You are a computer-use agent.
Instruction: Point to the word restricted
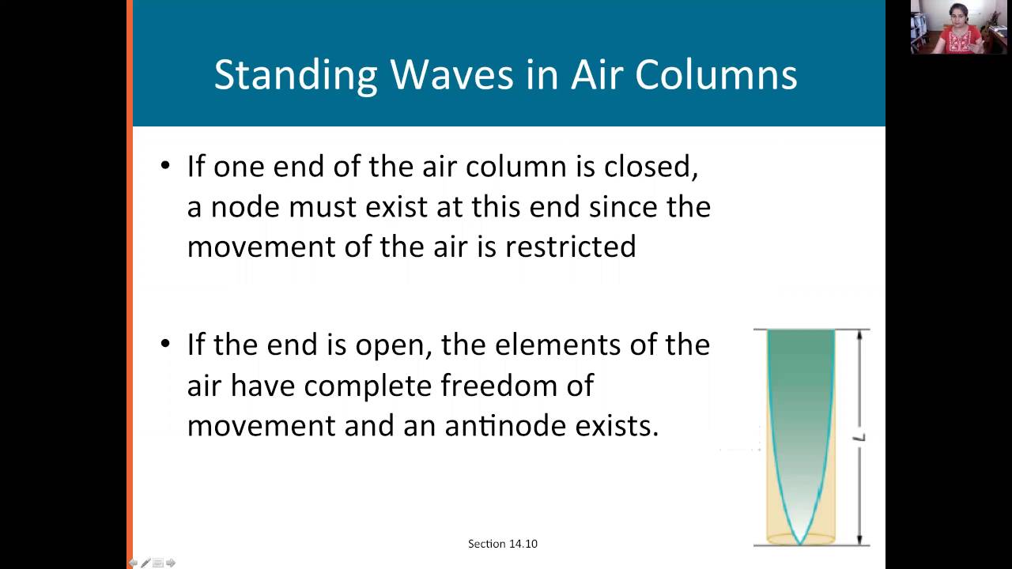tap(570, 247)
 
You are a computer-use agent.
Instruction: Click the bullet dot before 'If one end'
tap(165, 166)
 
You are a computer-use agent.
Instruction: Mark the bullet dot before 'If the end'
tap(165, 345)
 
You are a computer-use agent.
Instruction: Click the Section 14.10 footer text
tap(503, 544)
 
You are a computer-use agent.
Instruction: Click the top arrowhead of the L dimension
tap(859, 334)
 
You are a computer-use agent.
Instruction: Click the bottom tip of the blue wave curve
tap(800, 543)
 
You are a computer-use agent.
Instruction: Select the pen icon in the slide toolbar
tap(145, 563)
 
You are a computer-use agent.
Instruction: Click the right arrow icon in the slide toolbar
tap(171, 563)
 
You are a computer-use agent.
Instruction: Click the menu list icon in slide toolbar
tap(158, 563)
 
